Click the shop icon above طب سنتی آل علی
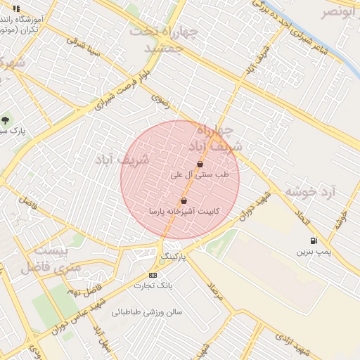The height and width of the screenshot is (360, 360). pyautogui.click(x=200, y=164)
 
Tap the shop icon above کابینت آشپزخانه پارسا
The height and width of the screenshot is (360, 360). pyautogui.click(x=184, y=201)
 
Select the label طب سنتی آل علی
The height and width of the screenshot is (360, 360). pyautogui.click(x=196, y=174)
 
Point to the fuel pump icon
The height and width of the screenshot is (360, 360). pyautogui.click(x=313, y=240)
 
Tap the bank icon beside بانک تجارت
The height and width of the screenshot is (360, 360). pyautogui.click(x=153, y=275)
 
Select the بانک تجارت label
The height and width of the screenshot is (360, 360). pyautogui.click(x=153, y=285)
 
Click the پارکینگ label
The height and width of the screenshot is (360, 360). pyautogui.click(x=174, y=257)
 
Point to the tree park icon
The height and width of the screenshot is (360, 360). pyautogui.click(x=6, y=120)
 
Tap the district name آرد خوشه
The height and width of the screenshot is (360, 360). pyautogui.click(x=310, y=191)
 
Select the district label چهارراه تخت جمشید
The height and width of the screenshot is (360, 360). pyautogui.click(x=164, y=39)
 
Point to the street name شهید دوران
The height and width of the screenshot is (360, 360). pyautogui.click(x=254, y=205)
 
